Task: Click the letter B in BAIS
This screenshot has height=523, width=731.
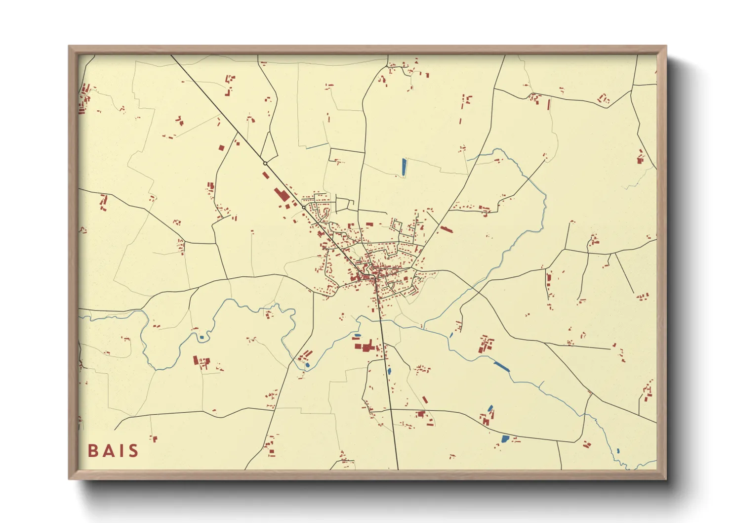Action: (93, 451)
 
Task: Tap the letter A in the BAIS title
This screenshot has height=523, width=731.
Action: (107, 451)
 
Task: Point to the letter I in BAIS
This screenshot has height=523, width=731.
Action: (120, 451)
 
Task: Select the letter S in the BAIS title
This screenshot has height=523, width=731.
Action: (132, 451)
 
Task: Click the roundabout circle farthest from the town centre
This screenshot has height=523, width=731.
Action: (265, 164)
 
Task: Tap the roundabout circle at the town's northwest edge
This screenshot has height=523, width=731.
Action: (303, 208)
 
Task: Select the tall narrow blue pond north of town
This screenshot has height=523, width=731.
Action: (404, 167)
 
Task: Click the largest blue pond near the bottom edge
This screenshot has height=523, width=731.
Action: (505, 438)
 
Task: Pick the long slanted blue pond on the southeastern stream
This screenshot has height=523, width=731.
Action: (501, 366)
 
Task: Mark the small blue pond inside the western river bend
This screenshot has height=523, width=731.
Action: (202, 338)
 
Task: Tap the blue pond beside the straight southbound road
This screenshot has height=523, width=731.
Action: (389, 370)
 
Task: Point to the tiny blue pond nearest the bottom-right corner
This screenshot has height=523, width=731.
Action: (618, 450)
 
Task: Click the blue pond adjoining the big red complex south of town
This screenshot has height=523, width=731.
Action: (357, 336)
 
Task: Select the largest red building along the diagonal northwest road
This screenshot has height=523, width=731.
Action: (282, 194)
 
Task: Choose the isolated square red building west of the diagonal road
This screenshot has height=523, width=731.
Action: (221, 147)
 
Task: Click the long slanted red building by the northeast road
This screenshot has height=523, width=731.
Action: (446, 229)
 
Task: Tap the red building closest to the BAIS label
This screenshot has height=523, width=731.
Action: (154, 438)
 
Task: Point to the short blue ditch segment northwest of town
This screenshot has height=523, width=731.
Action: (317, 146)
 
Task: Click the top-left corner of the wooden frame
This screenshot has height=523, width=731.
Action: (70, 47)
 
